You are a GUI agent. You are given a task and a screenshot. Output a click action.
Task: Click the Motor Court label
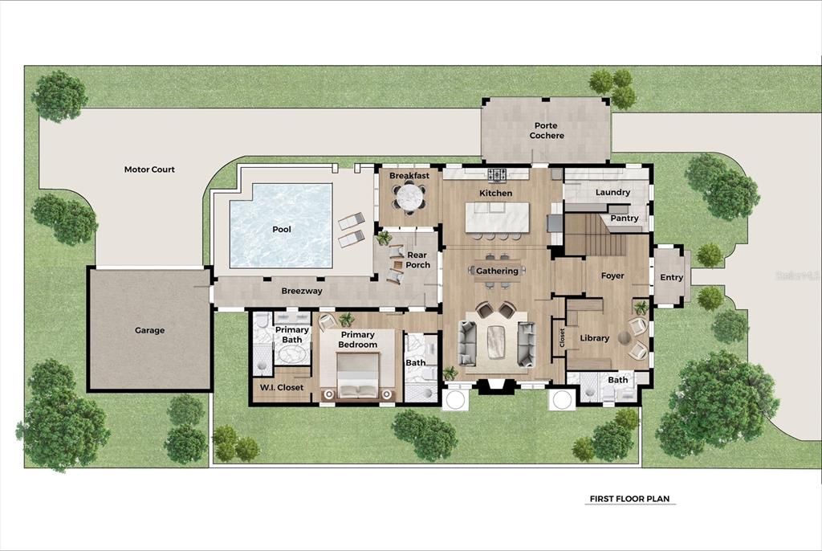pyautogui.click(x=149, y=169)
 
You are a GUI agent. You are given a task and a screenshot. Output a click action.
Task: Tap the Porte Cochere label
pyautogui.click(x=546, y=131)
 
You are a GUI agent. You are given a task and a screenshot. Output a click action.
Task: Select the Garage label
pyautogui.click(x=149, y=330)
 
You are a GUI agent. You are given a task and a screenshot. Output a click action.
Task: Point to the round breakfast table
pyautogui.click(x=409, y=196)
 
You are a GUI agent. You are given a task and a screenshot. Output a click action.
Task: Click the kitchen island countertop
pyautogui.click(x=498, y=216)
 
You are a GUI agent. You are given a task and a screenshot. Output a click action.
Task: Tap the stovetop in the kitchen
pyautogui.click(x=498, y=173)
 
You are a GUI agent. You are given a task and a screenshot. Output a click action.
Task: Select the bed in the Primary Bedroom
pyautogui.click(x=357, y=378)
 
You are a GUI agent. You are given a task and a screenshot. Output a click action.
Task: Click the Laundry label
pyautogui.click(x=612, y=193)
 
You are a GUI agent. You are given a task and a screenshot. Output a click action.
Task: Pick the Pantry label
pyautogui.click(x=624, y=218)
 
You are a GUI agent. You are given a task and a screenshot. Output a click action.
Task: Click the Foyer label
pyautogui.click(x=612, y=276)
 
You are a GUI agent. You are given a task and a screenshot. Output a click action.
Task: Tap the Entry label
pyautogui.click(x=671, y=278)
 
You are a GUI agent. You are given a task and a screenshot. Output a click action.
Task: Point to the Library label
pyautogui.click(x=594, y=338)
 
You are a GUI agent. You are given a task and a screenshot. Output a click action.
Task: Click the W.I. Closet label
pyautogui.click(x=281, y=388)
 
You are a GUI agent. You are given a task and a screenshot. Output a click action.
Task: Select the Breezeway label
pyautogui.click(x=302, y=291)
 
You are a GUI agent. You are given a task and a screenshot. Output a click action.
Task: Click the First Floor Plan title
pyautogui.click(x=629, y=499)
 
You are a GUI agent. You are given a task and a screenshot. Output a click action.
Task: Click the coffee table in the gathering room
pyautogui.click(x=498, y=341)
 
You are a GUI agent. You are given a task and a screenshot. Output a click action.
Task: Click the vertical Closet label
pyautogui.click(x=561, y=337)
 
